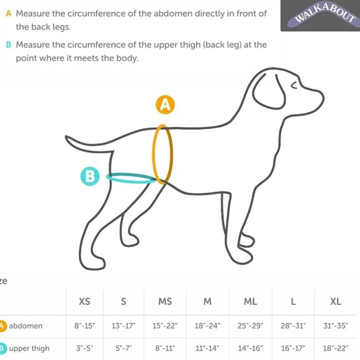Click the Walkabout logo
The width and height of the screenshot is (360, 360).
320,16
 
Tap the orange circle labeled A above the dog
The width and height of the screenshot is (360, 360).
164,104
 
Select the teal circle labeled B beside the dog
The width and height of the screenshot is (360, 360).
90,176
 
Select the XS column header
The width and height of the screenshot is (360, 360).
84,302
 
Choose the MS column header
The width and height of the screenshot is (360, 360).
165,302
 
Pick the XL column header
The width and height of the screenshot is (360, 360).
336,302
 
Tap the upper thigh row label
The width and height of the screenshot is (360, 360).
28,349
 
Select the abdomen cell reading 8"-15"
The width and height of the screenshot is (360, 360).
84,325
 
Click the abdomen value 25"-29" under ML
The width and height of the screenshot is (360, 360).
250,325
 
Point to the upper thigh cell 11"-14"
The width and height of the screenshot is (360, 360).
207,349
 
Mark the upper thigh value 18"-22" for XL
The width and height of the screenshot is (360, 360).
336,349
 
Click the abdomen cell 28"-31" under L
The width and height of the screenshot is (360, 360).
294,325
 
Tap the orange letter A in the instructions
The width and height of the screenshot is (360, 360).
8,14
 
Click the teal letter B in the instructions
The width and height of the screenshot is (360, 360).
8,45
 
